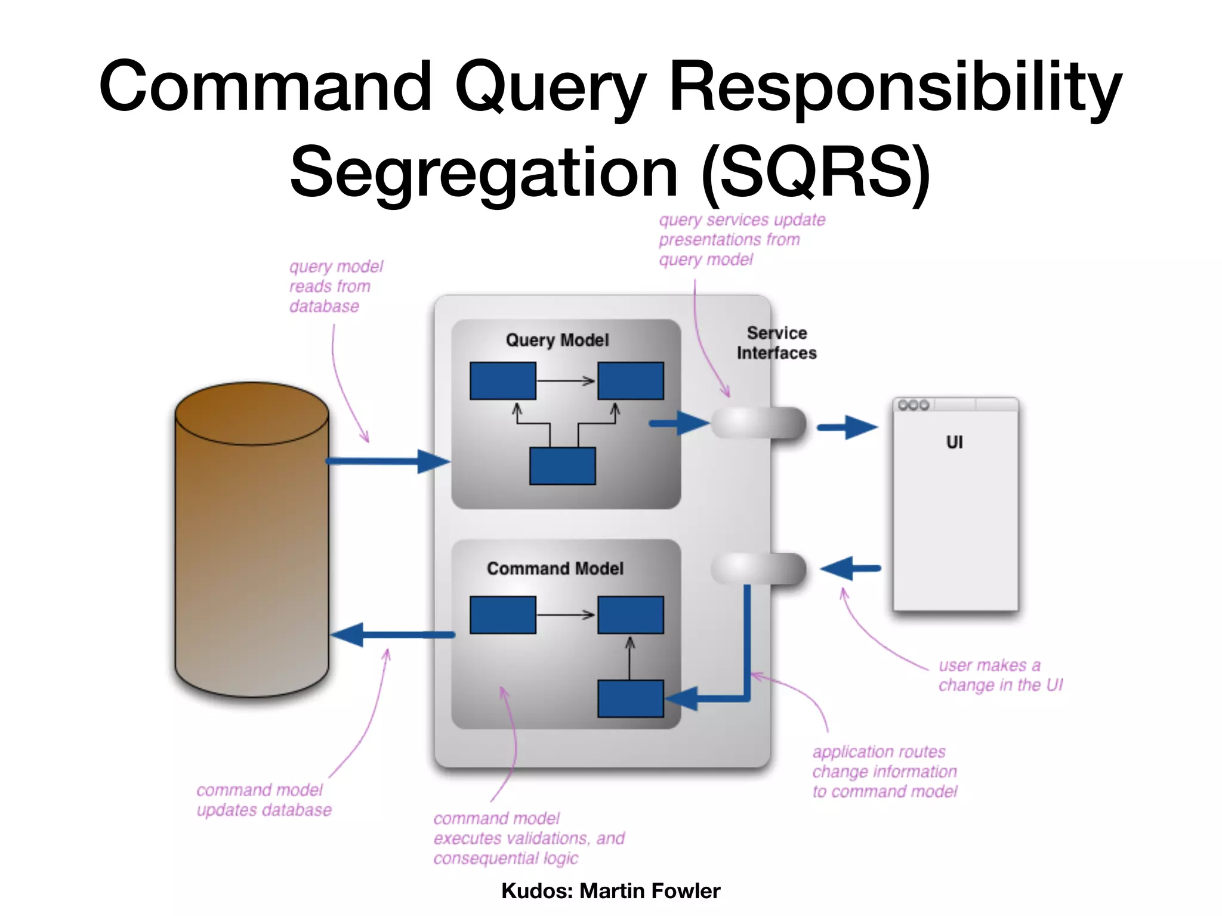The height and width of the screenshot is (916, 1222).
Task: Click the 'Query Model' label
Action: [557, 340]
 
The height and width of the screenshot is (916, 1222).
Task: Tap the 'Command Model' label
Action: [555, 568]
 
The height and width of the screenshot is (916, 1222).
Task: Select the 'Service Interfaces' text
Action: [776, 343]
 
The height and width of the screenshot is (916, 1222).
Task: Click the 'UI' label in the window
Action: [954, 442]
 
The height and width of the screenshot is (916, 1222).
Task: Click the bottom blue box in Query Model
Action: [562, 466]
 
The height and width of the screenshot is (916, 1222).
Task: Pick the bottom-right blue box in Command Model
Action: [630, 698]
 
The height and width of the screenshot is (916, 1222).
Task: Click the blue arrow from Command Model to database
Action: [394, 635]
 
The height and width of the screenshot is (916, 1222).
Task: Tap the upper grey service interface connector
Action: [758, 423]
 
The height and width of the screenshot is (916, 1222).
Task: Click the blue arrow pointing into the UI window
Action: [847, 427]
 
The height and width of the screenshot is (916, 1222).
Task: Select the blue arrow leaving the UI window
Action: [851, 568]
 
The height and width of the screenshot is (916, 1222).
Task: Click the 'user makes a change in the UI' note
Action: [1000, 675]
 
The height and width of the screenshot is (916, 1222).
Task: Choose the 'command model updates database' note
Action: [263, 800]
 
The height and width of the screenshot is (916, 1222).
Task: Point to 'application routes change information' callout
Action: [884, 771]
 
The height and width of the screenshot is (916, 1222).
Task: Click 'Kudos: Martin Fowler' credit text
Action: [610, 890]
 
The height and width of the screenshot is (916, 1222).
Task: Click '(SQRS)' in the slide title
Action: [816, 173]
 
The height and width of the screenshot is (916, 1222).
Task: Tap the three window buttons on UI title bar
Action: [914, 405]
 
